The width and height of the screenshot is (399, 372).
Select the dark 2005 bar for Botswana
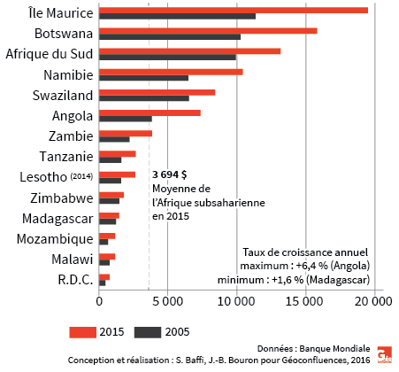pos(169,37)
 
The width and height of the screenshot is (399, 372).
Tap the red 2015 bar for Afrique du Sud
pos(189,50)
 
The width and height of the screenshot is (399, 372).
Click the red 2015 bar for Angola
pos(150,112)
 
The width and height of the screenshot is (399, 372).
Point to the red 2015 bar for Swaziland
pos(157,92)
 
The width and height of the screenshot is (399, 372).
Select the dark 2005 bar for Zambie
pos(114,139)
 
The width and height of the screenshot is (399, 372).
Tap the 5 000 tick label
pos(168,301)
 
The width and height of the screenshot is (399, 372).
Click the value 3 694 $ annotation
pos(169,175)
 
